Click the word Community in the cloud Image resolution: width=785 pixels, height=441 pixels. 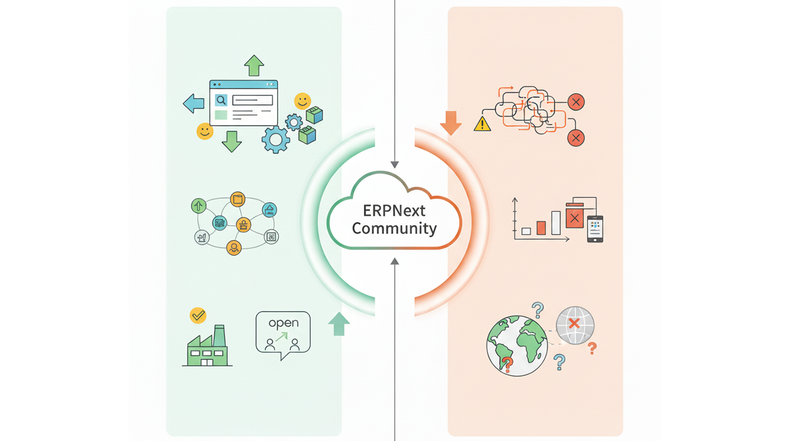tap(394, 228)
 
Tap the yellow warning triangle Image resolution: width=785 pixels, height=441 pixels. tap(482, 123)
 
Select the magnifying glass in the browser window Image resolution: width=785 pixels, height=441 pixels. tap(221, 100)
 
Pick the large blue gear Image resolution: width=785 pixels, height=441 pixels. tap(276, 139)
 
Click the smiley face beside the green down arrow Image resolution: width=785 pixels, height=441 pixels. tap(205, 131)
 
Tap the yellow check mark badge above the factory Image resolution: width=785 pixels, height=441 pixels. tap(198, 315)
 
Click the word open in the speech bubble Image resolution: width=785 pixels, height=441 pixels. tap(283, 323)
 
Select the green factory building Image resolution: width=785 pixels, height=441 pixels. tap(207, 347)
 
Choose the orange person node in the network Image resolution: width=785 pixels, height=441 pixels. tap(233, 248)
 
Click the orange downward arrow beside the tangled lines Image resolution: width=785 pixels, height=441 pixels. tap(451, 122)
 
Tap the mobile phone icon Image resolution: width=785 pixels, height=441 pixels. tap(595, 229)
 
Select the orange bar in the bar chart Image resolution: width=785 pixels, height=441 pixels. tap(540, 227)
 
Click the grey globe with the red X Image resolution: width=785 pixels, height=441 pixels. tap(575, 325)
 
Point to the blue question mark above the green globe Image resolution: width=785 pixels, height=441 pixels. tap(538, 310)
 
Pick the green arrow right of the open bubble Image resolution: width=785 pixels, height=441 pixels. tap(338, 324)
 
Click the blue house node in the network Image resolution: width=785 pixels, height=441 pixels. tap(270, 210)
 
